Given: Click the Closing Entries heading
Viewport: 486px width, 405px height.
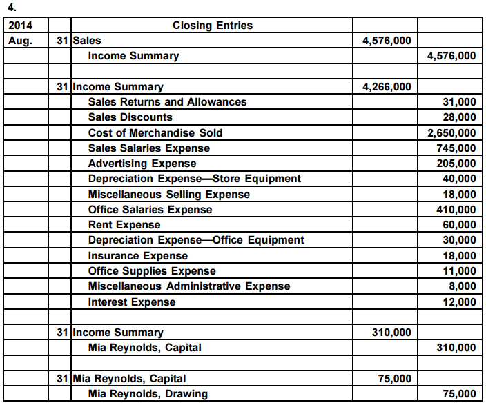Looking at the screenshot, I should click(x=212, y=26).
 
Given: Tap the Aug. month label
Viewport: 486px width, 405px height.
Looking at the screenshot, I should click(x=20, y=41).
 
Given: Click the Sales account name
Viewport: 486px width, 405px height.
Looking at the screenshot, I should click(x=86, y=41).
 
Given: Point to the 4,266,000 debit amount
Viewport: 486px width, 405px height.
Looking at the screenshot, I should click(x=387, y=87).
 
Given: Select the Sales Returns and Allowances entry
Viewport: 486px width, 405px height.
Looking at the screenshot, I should click(x=167, y=102).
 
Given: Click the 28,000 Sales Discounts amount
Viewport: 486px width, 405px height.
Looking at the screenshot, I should click(x=459, y=117).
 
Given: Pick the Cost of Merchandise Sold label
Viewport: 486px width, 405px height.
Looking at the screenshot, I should click(x=155, y=132).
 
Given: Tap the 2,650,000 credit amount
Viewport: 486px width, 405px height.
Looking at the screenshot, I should click(x=451, y=132).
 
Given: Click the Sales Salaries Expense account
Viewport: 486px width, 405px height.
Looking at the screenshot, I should click(x=149, y=148).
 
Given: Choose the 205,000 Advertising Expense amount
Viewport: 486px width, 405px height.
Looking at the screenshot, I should click(x=456, y=164).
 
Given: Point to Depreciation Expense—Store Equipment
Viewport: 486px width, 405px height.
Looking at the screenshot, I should click(x=195, y=179).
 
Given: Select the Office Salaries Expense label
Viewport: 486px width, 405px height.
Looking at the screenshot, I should click(x=150, y=210).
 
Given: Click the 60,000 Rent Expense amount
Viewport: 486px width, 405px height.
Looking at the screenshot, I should click(x=459, y=225).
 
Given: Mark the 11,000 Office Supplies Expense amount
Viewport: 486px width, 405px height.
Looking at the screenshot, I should click(x=459, y=271).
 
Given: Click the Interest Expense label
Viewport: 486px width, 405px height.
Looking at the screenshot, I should click(x=132, y=302).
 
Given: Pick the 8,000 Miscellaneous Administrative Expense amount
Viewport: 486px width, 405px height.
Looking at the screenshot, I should click(x=462, y=286).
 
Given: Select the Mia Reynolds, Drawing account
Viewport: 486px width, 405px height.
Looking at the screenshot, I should click(x=148, y=394).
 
